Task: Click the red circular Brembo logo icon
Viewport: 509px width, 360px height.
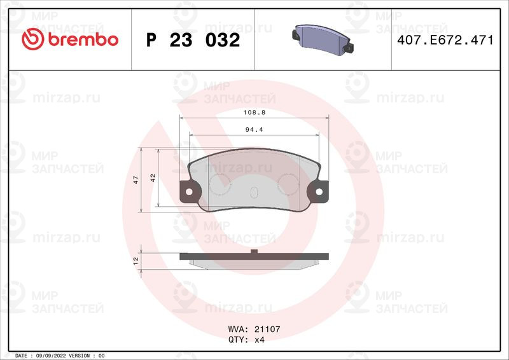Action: click(32, 39)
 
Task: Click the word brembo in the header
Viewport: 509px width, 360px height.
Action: click(81, 39)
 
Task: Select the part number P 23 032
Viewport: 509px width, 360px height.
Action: click(193, 40)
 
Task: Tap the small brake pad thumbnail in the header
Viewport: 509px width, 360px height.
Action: click(323, 39)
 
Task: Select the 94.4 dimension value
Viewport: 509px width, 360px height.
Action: click(254, 130)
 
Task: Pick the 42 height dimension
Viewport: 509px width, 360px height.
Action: click(153, 179)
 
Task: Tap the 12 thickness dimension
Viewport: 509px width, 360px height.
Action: click(136, 261)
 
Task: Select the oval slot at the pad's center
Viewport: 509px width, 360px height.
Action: click(254, 193)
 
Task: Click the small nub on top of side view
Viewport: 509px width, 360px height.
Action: click(254, 253)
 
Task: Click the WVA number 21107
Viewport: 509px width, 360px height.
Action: click(267, 330)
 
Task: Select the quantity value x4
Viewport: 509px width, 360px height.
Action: click(259, 340)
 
